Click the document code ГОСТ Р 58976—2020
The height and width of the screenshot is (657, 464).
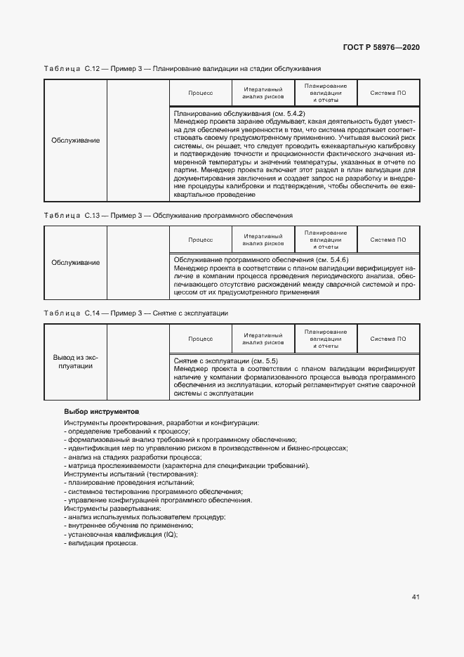(381, 47)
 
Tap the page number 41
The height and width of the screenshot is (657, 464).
(416, 597)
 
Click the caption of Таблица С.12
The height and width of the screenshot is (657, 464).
(183, 69)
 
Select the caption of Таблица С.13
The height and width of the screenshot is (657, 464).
(168, 215)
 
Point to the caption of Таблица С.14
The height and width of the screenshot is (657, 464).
(136, 313)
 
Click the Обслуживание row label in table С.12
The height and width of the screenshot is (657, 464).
(75, 141)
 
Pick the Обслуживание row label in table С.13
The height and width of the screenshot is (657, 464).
(75, 262)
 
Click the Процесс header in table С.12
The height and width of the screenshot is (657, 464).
(200, 93)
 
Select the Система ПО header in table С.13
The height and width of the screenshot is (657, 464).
(388, 240)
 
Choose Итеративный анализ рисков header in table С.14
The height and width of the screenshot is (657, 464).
(263, 338)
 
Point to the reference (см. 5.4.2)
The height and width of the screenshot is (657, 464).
(288, 113)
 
